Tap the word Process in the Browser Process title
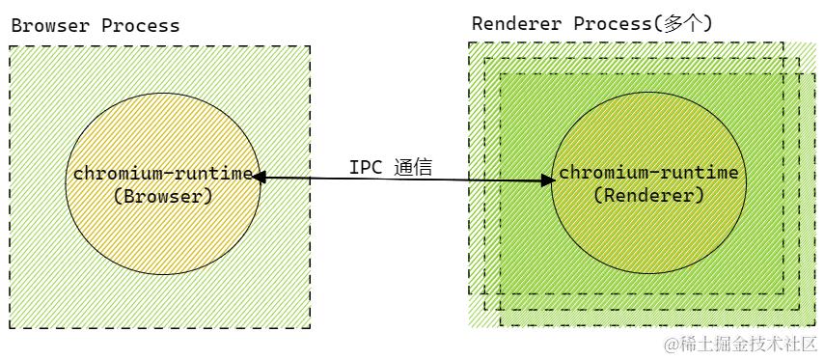point(140,26)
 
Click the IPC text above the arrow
point(366,167)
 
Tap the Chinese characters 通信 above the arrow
point(413,167)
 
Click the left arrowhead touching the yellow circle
point(259,177)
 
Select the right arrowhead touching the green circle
point(548,179)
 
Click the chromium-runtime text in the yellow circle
point(163,175)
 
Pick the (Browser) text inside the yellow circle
point(163,196)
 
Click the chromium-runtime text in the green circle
point(649,174)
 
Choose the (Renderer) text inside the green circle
point(649,195)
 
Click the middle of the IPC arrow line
point(405,179)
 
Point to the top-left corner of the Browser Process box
point(10,45)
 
